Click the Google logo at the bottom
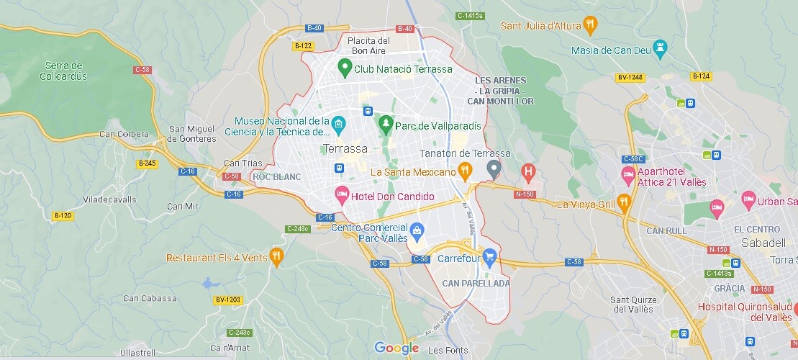[396, 348]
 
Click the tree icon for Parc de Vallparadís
[386, 125]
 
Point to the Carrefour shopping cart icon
[490, 256]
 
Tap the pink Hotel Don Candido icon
[340, 196]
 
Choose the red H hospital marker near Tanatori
[529, 171]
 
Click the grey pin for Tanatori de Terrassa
[493, 170]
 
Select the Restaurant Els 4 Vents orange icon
[276, 257]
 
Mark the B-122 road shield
[303, 46]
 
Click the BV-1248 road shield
[630, 77]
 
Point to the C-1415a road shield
[471, 15]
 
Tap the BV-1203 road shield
[228, 300]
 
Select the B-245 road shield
[147, 163]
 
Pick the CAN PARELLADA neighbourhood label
[476, 283]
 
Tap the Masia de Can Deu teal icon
[659, 50]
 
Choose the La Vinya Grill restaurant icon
[625, 204]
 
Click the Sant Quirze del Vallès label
[632, 304]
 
